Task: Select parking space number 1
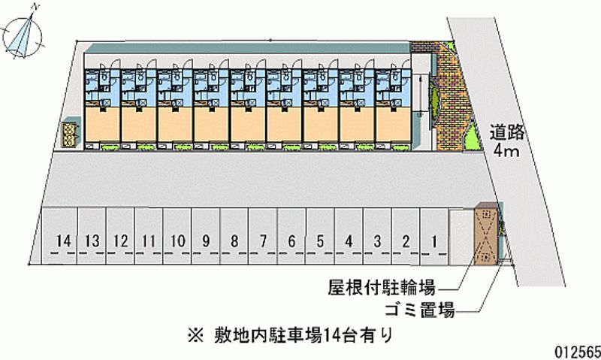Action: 434,237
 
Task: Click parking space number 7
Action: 262,237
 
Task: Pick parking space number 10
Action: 177,237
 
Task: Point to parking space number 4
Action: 349,237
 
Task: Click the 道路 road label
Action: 506,132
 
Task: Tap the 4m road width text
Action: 506,150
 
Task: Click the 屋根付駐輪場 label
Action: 381,287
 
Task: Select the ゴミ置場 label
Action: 419,310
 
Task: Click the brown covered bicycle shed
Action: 485,234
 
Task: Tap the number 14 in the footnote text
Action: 331,335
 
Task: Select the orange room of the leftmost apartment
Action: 102,124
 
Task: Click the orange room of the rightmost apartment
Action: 394,124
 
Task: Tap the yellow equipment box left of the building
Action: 69,135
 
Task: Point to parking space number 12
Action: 120,237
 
